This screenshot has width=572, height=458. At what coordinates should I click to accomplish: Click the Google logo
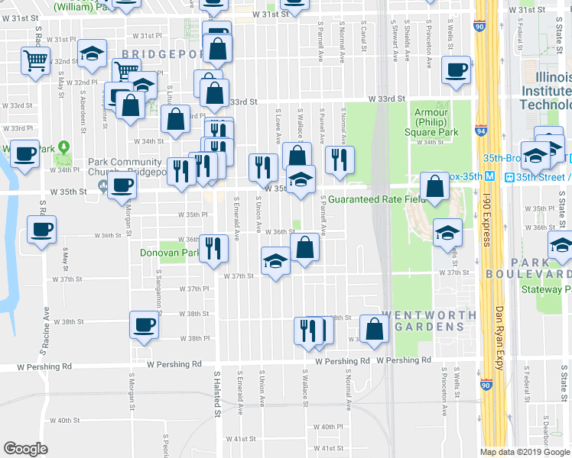click(25, 449)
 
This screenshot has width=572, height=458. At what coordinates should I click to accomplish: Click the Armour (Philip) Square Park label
click(431, 122)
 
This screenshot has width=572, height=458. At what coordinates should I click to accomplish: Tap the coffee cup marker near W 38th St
click(143, 325)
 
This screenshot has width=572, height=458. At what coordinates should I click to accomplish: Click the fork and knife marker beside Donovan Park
click(214, 247)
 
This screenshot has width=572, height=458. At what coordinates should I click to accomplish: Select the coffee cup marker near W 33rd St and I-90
click(457, 69)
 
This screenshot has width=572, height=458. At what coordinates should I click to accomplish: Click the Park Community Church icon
click(102, 186)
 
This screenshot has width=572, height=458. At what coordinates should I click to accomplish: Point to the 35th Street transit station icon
click(509, 177)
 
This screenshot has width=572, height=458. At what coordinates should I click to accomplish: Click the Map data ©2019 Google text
click(525, 452)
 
